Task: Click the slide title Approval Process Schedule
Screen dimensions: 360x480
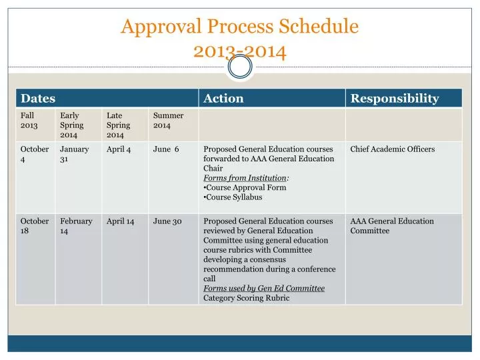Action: point(239,27)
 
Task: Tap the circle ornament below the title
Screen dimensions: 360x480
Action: point(240,67)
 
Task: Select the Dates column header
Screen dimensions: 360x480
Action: point(38,99)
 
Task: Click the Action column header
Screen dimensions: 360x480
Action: point(223,99)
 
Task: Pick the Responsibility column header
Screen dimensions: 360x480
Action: point(395,99)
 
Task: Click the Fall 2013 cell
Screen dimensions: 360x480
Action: point(29,120)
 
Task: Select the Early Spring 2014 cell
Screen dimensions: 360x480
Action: point(72,125)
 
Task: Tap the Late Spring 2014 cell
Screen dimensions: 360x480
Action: point(119,125)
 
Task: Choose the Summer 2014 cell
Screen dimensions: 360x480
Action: point(168,120)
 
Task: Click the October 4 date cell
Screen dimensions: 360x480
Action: point(35,155)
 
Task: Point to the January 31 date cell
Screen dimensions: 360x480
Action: point(74,155)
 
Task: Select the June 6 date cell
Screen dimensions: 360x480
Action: point(166,149)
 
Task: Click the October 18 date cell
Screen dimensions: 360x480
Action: point(35,226)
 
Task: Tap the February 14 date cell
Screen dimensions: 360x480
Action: point(76,226)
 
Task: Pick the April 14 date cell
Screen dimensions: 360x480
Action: point(121,221)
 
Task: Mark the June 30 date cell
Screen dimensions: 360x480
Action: point(167,221)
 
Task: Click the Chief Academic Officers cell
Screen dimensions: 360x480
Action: point(392,149)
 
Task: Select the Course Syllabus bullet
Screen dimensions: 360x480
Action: point(234,197)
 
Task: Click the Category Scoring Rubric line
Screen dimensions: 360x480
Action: point(246,298)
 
